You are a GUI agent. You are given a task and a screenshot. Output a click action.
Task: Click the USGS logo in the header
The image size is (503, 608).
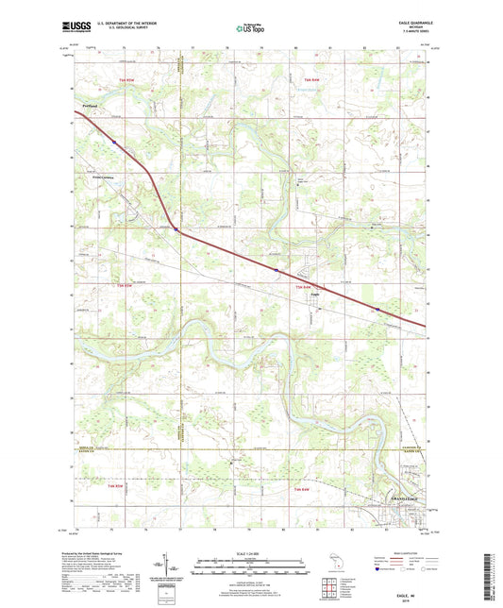[78, 27]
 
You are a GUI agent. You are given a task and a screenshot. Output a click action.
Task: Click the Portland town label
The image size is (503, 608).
[92, 105]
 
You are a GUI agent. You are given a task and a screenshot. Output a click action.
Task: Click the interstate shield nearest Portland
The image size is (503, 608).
[112, 142]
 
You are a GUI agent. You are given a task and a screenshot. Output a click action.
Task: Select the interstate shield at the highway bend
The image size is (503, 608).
[176, 228]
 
